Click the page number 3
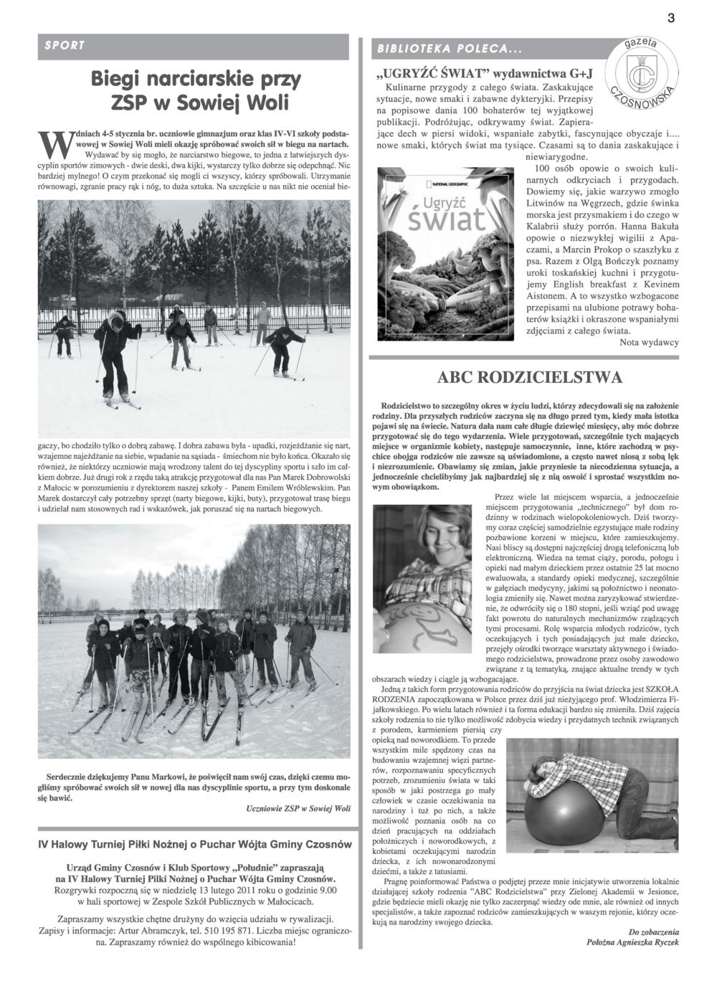click(x=671, y=19)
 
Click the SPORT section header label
click(x=65, y=46)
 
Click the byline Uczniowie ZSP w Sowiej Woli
click(x=298, y=808)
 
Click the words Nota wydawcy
click(x=649, y=343)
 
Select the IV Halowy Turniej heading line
click(x=195, y=845)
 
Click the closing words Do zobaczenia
click(x=653, y=932)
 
